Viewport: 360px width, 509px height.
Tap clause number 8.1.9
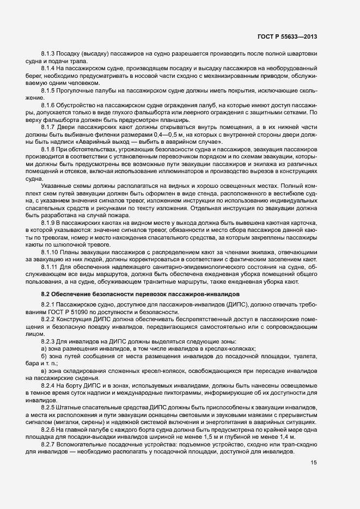[x=50, y=224]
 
